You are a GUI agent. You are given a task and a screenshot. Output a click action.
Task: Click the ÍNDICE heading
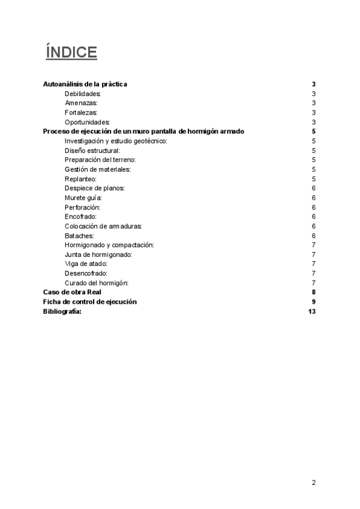click(71, 53)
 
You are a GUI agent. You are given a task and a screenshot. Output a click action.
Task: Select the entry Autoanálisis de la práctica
click(85, 85)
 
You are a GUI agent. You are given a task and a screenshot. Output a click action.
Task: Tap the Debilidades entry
click(83, 94)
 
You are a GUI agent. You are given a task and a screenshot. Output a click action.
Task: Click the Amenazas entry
click(81, 103)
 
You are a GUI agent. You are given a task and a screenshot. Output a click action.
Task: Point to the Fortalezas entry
click(81, 113)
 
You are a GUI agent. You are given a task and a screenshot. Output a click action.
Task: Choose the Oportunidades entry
click(87, 122)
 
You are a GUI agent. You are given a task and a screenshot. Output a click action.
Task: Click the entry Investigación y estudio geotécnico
click(116, 141)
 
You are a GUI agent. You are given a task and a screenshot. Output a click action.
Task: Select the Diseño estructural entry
click(92, 150)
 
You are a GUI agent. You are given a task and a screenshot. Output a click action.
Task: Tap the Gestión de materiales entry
click(97, 169)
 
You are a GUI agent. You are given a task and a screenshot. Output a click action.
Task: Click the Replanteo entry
click(81, 179)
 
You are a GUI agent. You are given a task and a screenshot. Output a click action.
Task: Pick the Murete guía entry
click(83, 197)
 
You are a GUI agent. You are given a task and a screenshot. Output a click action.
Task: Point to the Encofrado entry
click(80, 216)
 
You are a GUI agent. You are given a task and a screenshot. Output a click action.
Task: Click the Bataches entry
click(79, 235)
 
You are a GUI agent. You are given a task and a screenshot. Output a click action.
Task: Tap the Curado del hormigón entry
click(96, 283)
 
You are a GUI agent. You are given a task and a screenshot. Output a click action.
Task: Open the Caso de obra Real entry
click(72, 292)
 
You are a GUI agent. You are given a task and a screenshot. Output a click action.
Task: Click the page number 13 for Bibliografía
click(311, 311)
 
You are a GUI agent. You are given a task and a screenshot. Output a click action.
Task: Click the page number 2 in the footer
click(314, 482)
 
